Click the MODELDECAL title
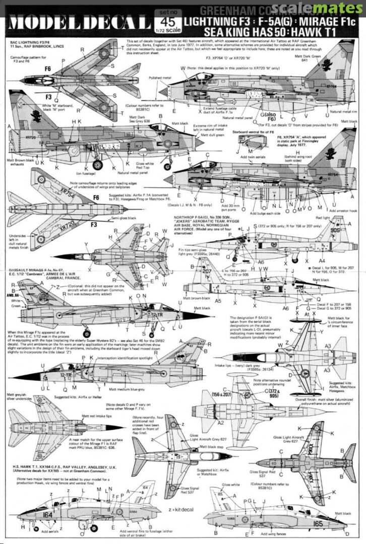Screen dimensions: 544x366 click(78, 23)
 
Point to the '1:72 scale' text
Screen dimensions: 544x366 click(166, 34)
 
